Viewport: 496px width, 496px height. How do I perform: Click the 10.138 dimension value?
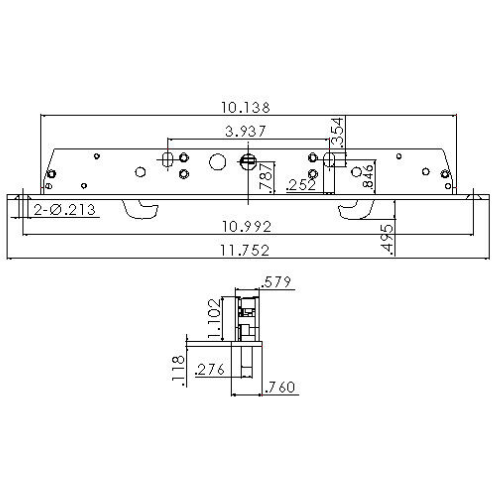pos(245,107)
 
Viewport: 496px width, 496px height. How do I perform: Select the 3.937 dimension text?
pos(245,131)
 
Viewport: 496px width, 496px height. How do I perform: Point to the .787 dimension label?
pos(266,177)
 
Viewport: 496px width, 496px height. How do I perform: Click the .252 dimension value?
pos(302,185)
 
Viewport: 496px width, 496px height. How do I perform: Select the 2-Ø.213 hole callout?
pos(64,210)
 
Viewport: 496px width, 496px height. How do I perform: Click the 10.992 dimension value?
pos(247,227)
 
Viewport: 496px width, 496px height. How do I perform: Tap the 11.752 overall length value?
pos(245,250)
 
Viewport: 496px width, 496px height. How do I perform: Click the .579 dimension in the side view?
pos(276,282)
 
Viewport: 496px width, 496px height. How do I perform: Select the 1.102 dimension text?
pos(214,318)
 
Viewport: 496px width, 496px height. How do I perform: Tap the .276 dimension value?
pos(210,369)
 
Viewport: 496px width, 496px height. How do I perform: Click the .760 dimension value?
pos(280,387)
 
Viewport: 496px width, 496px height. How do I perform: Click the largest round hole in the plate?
pos(218,162)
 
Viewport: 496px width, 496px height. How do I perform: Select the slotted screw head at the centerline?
pos(248,162)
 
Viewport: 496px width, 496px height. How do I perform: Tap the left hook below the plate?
pos(142,209)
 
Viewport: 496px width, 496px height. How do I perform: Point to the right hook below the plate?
pos(356,209)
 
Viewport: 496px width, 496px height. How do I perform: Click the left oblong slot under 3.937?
pos(168,159)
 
